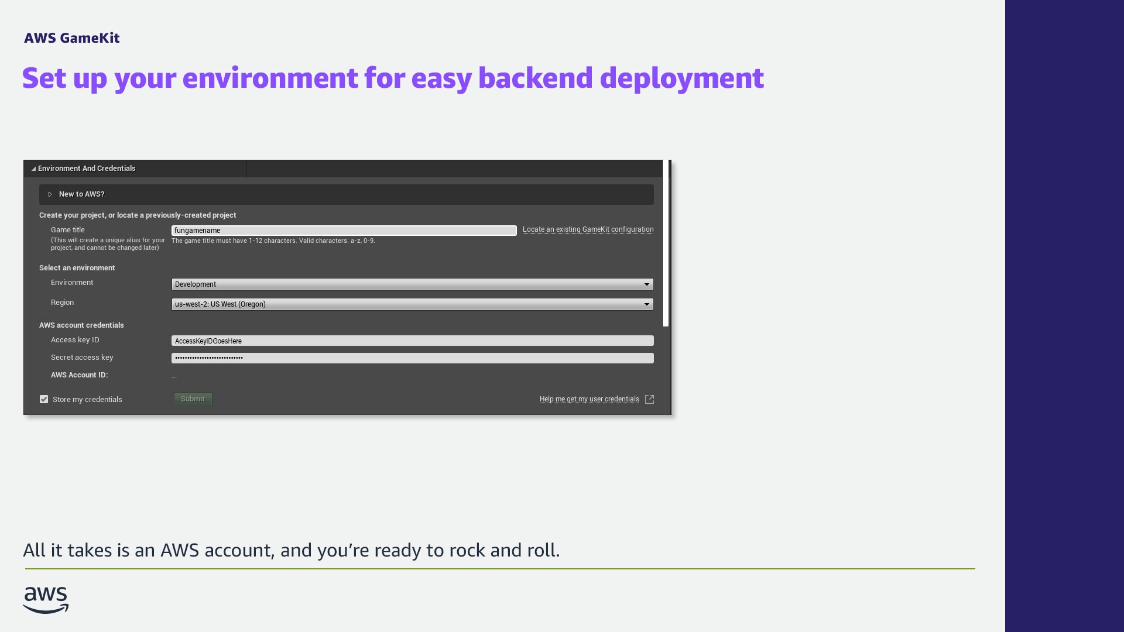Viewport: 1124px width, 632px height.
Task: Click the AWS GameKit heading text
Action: (72, 38)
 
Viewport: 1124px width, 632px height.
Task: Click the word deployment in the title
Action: (681, 78)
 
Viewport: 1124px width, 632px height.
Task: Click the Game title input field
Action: (344, 231)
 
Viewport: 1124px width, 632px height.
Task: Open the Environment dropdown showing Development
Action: (412, 284)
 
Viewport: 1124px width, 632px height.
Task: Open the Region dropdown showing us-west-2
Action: (412, 304)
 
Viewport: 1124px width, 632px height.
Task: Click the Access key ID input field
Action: (412, 341)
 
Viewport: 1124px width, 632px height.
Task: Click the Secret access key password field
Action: (412, 358)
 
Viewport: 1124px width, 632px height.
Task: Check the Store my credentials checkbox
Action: (44, 399)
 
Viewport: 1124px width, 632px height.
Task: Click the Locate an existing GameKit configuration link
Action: (588, 229)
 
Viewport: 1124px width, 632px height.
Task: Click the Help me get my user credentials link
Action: (589, 399)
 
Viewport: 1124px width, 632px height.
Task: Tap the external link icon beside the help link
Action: (649, 399)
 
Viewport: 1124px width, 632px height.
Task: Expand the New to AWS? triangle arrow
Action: (50, 194)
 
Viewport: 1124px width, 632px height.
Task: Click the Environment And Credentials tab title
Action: (87, 169)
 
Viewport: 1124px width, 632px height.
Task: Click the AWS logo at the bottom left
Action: (46, 600)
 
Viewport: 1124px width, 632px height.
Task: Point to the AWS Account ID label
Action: (79, 375)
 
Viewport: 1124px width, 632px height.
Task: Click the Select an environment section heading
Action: (77, 268)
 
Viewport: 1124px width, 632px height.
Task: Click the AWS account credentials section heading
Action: (81, 325)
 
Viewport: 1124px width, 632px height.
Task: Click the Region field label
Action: (62, 303)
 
